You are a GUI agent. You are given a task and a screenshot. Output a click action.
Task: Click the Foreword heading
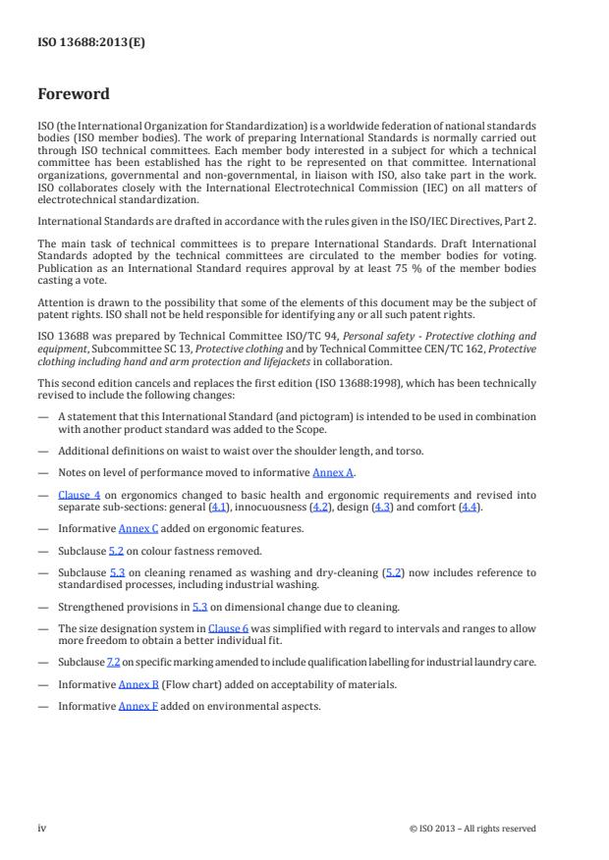click(x=74, y=94)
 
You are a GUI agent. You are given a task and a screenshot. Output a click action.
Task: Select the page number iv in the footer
click(x=42, y=828)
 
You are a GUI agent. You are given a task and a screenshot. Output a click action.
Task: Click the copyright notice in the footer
click(x=472, y=829)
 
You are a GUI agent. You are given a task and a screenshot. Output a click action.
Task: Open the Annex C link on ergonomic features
click(x=138, y=528)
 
